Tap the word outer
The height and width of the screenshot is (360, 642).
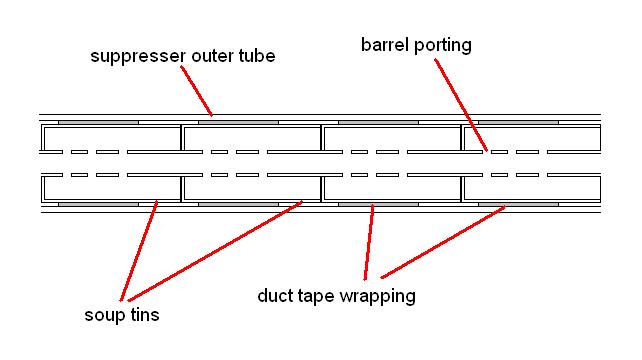[206, 57]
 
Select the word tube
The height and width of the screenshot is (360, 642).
[254, 57]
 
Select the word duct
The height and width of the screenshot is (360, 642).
[275, 297]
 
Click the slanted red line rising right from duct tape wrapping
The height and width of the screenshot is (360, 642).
[439, 241]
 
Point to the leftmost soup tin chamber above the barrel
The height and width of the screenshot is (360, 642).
[110, 137]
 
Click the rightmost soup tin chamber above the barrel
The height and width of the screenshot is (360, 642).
[530, 137]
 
